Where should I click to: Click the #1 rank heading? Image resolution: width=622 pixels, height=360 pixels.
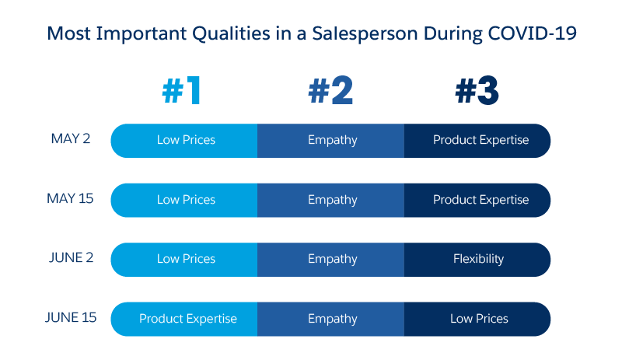pos(182,92)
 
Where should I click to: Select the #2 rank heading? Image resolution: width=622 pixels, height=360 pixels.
pos(330,92)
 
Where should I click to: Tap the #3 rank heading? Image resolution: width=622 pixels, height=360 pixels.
pos(477,92)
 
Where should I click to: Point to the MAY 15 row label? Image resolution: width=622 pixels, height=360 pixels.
pos(70,198)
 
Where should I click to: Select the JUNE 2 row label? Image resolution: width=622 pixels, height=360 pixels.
pos(69,258)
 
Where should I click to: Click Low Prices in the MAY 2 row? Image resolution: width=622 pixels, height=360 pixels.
pos(186,141)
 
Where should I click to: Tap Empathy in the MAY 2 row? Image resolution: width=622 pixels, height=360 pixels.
pos(332,141)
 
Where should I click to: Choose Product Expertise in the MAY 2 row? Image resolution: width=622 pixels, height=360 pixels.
pos(480,141)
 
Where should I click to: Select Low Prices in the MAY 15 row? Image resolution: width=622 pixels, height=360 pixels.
pos(186,200)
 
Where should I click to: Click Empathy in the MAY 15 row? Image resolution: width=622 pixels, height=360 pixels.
pos(332,200)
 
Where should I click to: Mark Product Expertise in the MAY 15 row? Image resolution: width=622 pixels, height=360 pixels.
pos(480,200)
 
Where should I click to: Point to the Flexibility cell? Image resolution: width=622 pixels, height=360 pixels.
pos(478,259)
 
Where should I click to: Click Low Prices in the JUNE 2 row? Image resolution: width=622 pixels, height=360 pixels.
pos(186,259)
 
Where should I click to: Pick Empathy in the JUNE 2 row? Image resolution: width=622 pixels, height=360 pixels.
pos(332,259)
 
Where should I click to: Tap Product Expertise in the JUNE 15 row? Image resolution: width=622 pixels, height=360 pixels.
pos(187,319)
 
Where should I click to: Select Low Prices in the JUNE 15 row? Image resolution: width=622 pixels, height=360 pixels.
pos(479,319)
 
